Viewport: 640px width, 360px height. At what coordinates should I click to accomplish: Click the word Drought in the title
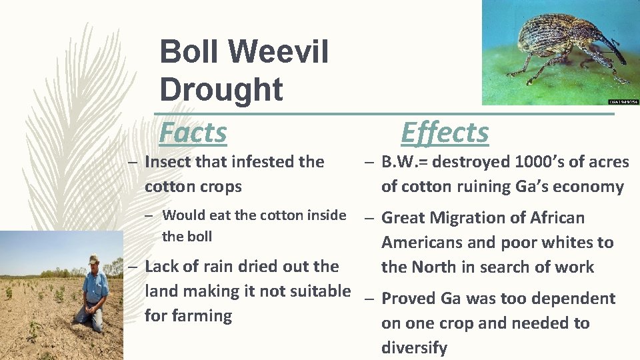click(221, 89)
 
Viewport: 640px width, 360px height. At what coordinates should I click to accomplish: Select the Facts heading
click(193, 132)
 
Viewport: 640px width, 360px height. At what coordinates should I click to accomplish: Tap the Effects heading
click(445, 132)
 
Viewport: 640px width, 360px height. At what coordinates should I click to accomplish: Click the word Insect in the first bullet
click(166, 162)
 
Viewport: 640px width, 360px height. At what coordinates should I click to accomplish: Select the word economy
click(591, 187)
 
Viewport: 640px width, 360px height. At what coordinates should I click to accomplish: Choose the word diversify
click(414, 347)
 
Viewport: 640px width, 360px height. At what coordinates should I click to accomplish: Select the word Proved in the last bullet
click(408, 299)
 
